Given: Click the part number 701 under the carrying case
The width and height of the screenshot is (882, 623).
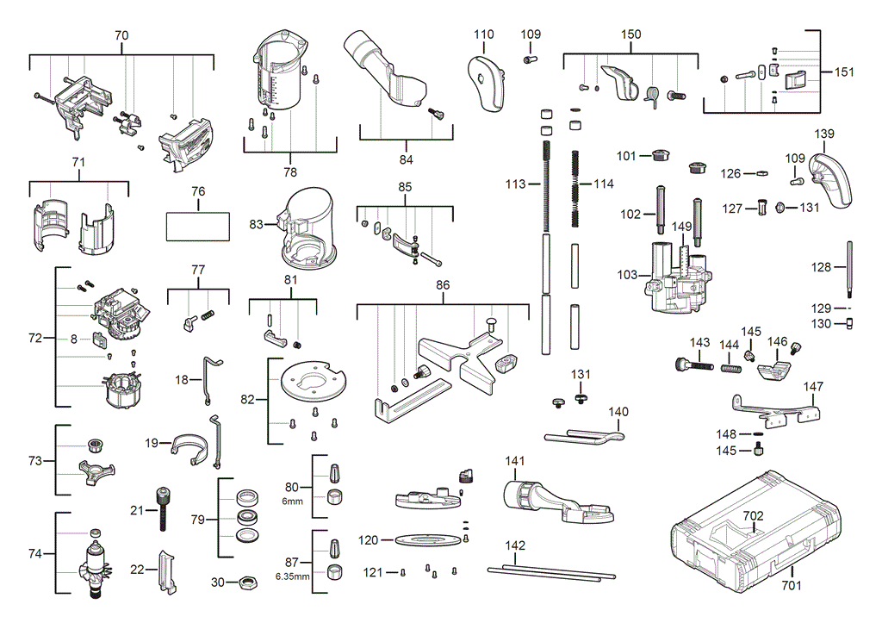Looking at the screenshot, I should (x=792, y=586).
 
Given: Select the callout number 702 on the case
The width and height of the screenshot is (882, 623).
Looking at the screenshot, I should (x=754, y=516).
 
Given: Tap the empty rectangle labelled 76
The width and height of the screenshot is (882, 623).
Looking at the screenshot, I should (x=198, y=227).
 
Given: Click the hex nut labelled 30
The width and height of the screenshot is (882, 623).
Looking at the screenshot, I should (x=245, y=583).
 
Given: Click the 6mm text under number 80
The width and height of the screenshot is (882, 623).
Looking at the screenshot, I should (x=292, y=501).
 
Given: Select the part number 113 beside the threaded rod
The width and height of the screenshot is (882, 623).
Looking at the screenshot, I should (x=516, y=184).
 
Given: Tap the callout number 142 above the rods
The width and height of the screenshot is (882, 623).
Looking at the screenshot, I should (x=515, y=545).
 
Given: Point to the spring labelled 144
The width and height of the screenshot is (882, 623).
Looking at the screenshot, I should (x=731, y=369).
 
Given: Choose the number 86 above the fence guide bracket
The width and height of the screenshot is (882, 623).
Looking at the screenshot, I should (x=443, y=283).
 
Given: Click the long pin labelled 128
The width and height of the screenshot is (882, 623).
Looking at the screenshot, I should (x=848, y=268).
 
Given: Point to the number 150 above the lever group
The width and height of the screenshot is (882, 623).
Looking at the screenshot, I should (x=631, y=34).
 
